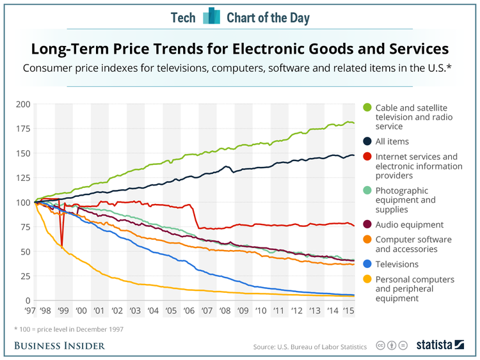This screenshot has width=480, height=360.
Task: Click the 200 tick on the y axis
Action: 22,104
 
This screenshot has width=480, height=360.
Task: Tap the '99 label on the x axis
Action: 63,310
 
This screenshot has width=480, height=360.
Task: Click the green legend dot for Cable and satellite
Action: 367,107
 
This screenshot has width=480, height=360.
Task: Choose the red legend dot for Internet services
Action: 367,157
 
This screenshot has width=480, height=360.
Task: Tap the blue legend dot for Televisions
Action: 367,264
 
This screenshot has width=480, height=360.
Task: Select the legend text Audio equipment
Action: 410,224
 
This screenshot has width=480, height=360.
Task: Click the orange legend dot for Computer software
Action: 367,240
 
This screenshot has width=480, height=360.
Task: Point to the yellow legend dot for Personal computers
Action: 367,279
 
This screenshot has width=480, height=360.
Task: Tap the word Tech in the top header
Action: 183,17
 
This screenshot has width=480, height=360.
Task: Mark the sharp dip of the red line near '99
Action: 62,244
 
